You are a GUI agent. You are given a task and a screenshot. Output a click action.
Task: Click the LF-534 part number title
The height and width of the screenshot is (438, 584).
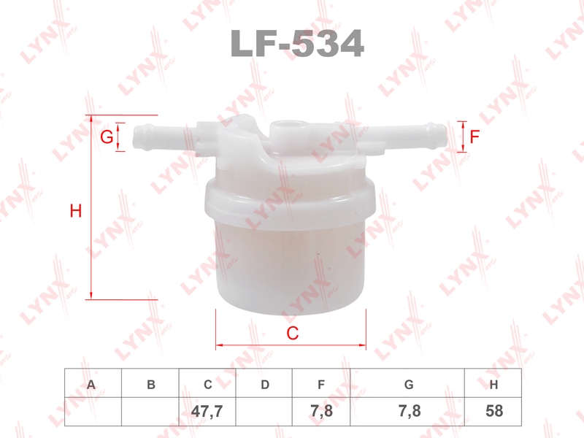click(297, 44)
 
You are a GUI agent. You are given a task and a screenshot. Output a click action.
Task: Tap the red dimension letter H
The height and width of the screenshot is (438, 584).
click(76, 211)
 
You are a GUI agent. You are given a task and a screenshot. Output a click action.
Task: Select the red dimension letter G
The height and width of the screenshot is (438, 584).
click(107, 137)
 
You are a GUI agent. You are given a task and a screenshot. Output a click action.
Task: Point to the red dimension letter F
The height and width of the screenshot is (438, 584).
click(474, 137)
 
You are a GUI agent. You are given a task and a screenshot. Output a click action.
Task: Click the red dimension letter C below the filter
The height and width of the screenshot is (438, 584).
click(293, 333)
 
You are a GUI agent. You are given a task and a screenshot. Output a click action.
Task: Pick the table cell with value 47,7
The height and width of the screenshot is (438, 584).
click(207, 411)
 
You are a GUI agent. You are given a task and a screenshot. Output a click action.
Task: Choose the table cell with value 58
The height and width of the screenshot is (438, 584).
click(493, 411)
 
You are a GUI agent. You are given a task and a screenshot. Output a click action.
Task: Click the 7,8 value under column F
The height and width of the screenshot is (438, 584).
click(321, 411)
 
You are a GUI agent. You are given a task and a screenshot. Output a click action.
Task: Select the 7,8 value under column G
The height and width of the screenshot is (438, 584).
click(410, 411)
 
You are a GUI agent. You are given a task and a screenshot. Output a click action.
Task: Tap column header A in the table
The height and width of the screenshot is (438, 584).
click(91, 385)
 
